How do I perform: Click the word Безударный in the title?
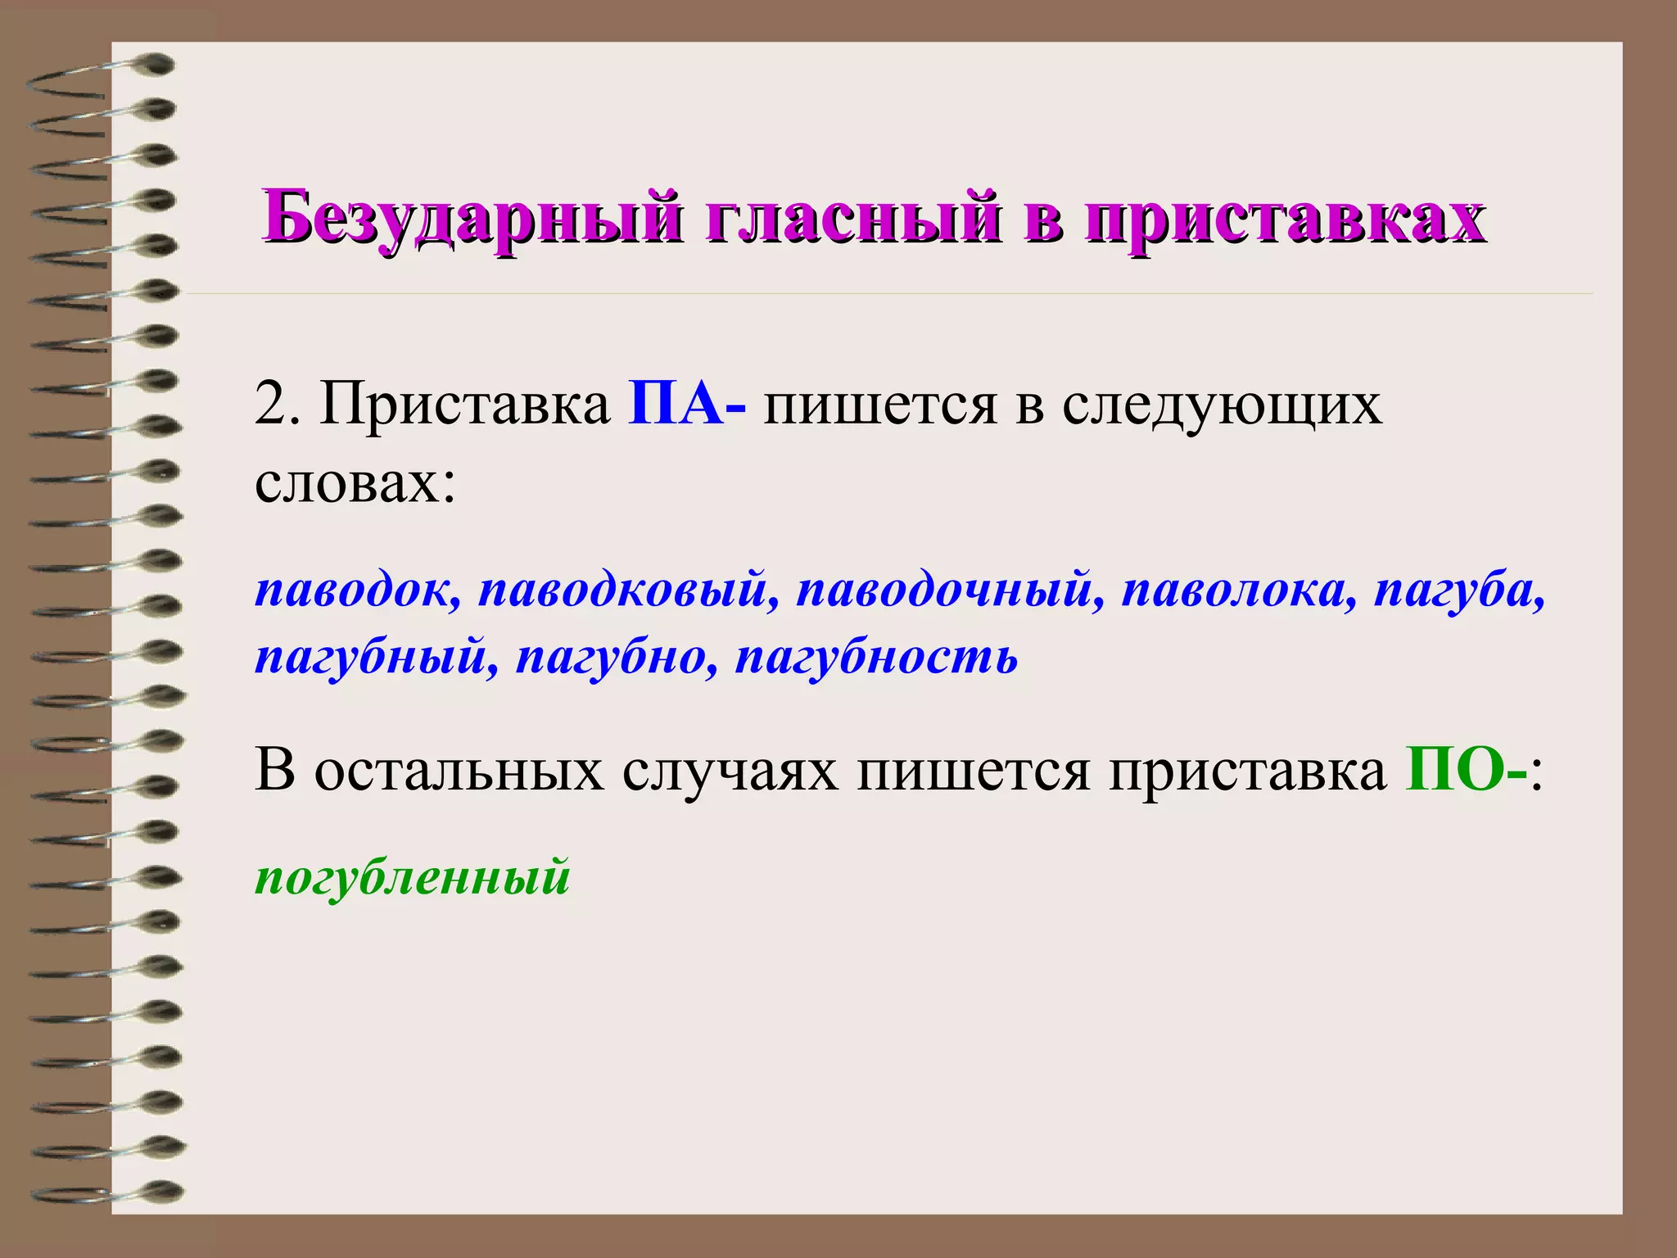471,217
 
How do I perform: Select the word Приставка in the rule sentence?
465,403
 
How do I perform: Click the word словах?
354,482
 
